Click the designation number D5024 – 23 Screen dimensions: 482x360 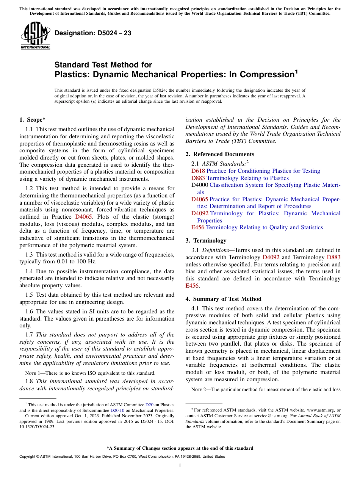tap(93, 33)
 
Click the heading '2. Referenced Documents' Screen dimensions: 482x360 tap(220, 154)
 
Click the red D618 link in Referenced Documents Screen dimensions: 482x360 tap(198, 171)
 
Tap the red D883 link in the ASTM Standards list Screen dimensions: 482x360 tap(198, 178)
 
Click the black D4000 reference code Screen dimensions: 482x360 tap(199, 185)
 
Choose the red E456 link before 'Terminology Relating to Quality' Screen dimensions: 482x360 tap(198, 227)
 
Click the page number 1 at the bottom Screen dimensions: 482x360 tap(180, 466)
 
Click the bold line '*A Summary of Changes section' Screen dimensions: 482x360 tap(180, 448)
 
